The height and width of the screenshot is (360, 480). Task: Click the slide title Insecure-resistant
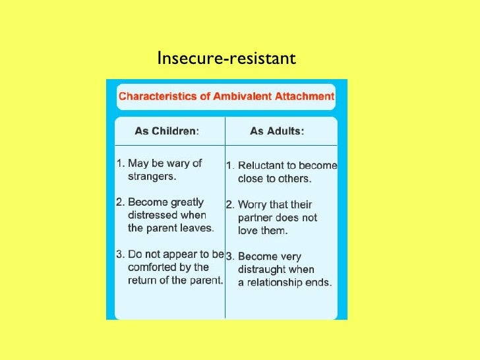tap(226, 59)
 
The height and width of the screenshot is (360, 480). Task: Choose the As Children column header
tap(167, 131)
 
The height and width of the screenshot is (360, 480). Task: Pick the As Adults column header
tap(277, 131)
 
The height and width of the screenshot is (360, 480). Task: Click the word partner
tap(257, 217)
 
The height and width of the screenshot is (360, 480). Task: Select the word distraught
tap(261, 269)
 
